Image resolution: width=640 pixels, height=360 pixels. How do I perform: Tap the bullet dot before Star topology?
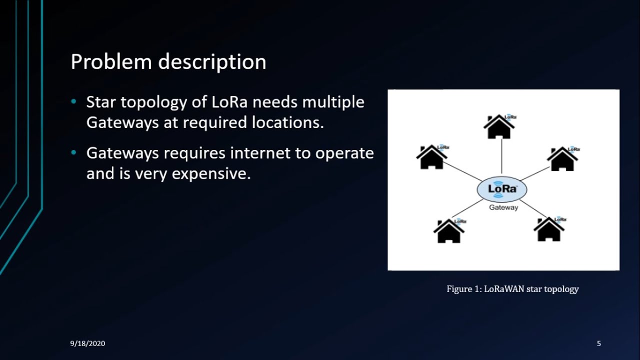[74, 102]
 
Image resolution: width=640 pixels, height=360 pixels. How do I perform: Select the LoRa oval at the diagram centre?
[501, 190]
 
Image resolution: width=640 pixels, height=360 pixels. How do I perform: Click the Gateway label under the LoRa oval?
[503, 207]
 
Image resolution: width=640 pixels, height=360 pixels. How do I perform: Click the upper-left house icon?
[431, 157]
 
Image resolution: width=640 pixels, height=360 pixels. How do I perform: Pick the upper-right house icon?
[562, 159]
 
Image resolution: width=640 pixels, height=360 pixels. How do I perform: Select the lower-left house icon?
[448, 231]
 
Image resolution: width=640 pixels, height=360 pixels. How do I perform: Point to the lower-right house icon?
[549, 229]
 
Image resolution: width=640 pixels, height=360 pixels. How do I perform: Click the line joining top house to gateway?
[501, 157]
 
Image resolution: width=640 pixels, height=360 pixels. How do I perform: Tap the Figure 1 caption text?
[512, 289]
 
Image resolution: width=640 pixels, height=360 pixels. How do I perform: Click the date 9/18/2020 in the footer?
[87, 343]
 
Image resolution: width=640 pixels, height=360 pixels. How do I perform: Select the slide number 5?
[599, 343]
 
